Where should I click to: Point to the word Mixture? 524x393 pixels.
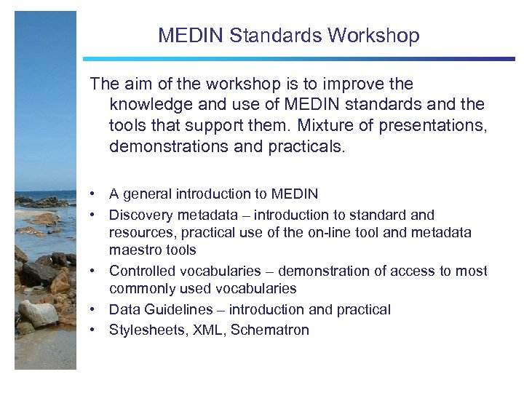325,125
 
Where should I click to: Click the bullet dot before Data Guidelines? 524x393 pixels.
94,310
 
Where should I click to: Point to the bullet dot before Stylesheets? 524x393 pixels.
94,330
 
